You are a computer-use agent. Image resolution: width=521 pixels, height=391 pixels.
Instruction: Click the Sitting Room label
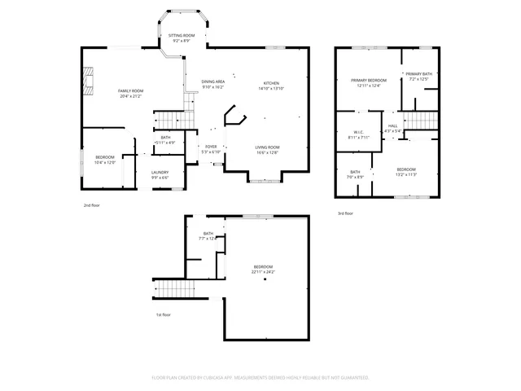tap(182, 37)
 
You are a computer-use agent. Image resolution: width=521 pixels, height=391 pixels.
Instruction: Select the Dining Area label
tap(213, 82)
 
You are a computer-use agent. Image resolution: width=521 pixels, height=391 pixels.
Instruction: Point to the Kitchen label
tap(271, 85)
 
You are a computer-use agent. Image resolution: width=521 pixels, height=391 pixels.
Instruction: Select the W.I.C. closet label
tap(358, 134)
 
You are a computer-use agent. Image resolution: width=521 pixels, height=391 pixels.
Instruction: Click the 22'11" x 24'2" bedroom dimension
tap(263, 271)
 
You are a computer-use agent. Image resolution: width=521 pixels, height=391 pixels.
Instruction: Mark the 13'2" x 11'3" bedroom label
tap(406, 172)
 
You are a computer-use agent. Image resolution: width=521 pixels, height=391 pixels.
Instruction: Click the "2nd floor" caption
tap(93, 206)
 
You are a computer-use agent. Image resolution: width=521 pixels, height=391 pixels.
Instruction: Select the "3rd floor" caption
tap(345, 213)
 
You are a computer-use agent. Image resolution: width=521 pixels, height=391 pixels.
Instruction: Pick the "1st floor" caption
tap(164, 314)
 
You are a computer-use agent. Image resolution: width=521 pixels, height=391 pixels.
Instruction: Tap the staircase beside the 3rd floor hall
tap(421, 121)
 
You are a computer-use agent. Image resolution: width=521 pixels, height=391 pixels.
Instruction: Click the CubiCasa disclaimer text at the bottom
tap(260, 377)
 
